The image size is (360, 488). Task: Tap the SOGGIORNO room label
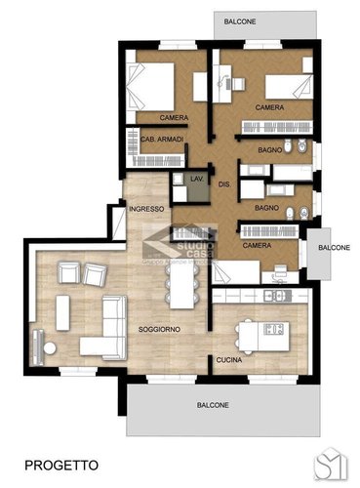(x=158, y=329)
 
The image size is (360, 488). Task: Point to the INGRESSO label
(x=145, y=209)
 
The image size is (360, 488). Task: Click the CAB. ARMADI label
(x=147, y=139)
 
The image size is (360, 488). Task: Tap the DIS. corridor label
(x=223, y=184)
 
